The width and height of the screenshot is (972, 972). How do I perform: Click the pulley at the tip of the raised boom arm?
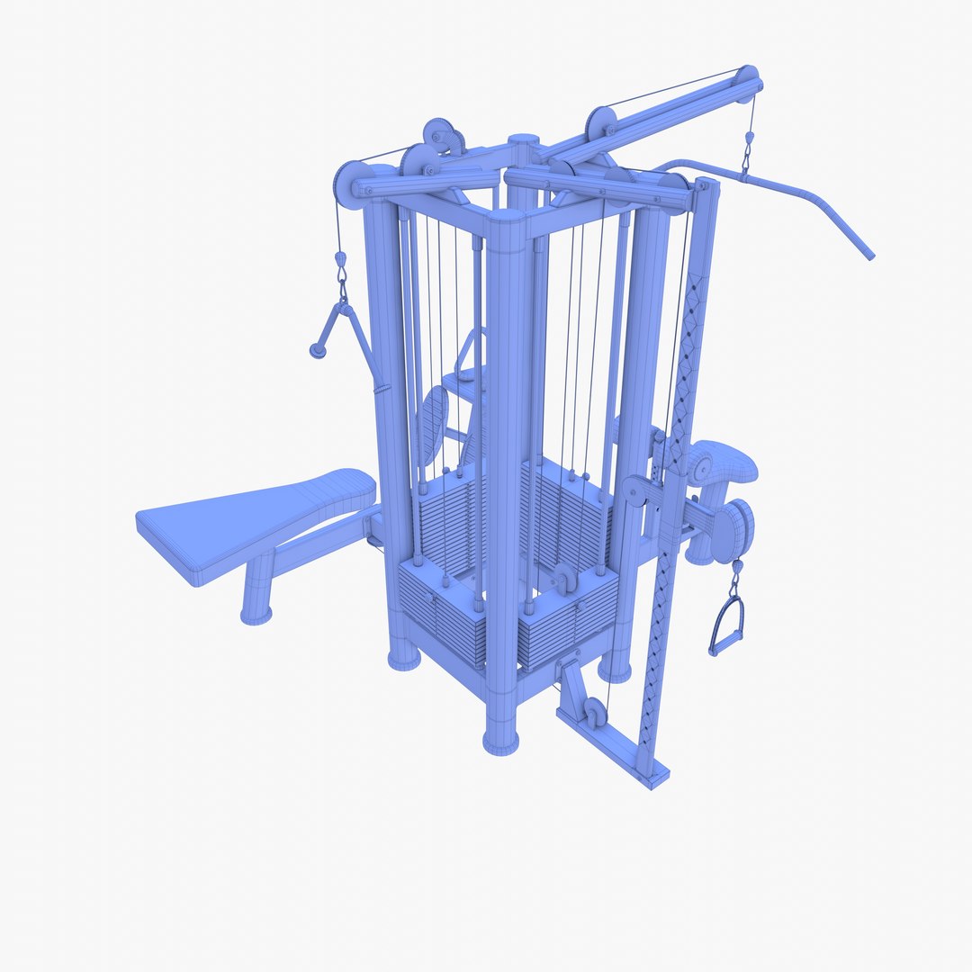[745, 80]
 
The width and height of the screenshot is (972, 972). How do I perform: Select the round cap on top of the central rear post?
[523, 141]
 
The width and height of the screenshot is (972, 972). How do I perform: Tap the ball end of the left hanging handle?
[317, 351]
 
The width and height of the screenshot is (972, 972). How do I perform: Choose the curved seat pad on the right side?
[724, 462]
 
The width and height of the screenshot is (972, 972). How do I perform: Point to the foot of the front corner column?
[501, 740]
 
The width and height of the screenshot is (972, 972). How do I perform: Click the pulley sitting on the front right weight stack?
[563, 579]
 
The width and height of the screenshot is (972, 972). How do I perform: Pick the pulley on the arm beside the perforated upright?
[637, 490]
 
